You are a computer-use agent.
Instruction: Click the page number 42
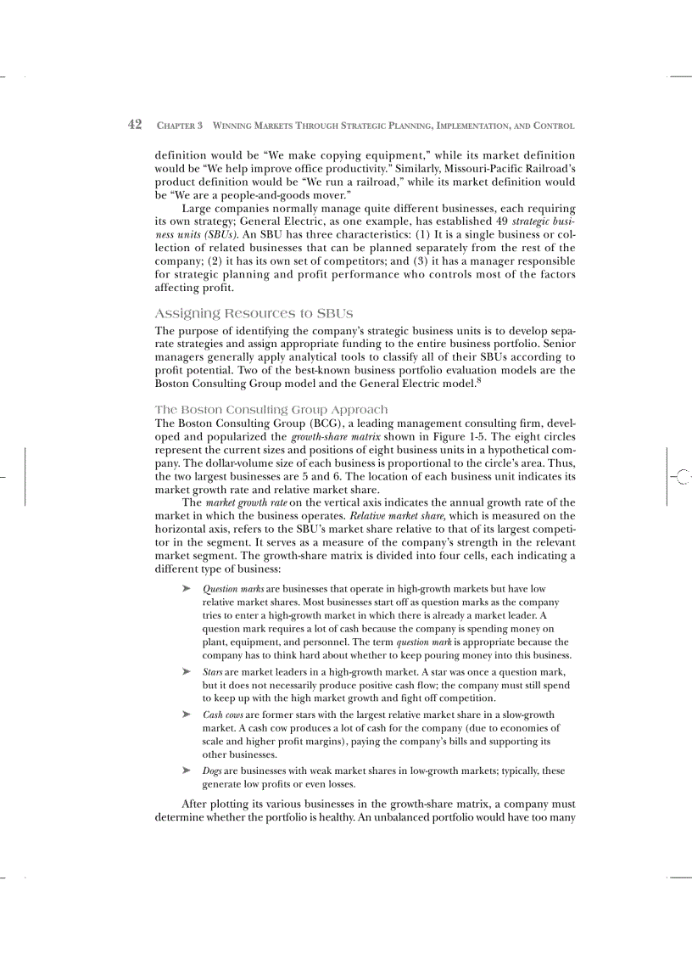[x=134, y=125]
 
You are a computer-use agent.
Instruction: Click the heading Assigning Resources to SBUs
[x=254, y=313]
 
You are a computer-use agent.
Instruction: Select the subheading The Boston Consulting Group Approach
[x=271, y=409]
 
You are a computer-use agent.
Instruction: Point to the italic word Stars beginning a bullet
[x=211, y=671]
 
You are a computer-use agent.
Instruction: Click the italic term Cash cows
[x=219, y=715]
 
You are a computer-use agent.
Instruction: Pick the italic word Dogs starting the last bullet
[x=212, y=771]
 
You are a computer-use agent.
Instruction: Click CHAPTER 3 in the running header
[x=180, y=126]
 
